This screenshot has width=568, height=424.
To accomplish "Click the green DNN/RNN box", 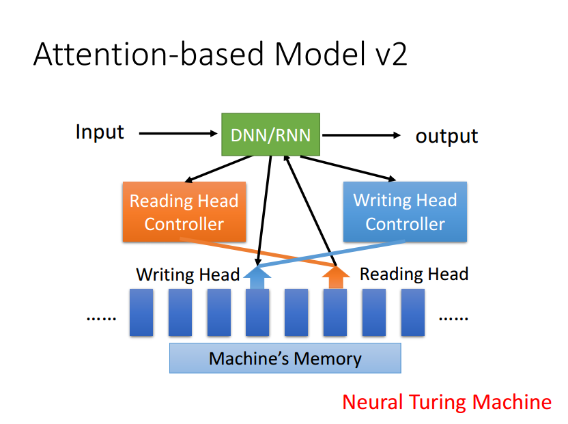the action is (270, 135).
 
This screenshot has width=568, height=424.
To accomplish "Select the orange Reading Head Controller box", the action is (184, 212).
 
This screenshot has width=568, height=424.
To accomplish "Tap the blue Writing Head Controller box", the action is (405, 212).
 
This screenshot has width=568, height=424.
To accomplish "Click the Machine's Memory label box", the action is (285, 358).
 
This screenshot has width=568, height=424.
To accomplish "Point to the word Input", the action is (100, 132).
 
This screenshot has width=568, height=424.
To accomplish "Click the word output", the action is (446, 137).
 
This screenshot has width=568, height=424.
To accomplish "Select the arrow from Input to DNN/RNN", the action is (178, 133).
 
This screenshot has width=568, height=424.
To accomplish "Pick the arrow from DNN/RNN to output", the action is (361, 135).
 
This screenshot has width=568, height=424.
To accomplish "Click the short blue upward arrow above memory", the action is (257, 278).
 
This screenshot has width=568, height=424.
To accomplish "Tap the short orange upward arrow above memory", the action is (336, 278).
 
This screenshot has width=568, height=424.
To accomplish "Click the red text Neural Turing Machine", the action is (447, 402).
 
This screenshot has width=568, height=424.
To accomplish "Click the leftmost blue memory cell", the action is (141, 313).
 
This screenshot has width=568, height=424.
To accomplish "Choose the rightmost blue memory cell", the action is (413, 313).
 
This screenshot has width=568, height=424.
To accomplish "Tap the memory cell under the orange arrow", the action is (335, 313).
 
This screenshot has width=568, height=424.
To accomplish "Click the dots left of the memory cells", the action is (102, 319).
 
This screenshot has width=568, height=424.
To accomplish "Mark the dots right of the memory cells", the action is (453, 319).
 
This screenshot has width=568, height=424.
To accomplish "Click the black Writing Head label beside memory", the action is (188, 274).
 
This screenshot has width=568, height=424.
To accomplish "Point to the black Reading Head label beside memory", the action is (414, 274).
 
